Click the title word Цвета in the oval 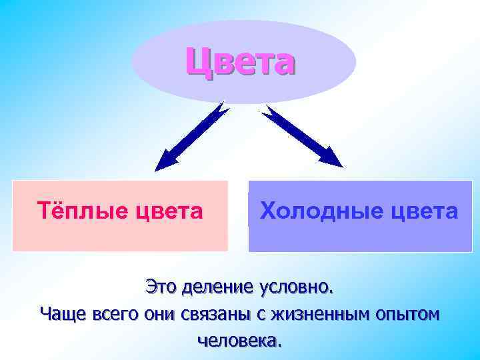(240, 61)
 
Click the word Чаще (59, 314)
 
